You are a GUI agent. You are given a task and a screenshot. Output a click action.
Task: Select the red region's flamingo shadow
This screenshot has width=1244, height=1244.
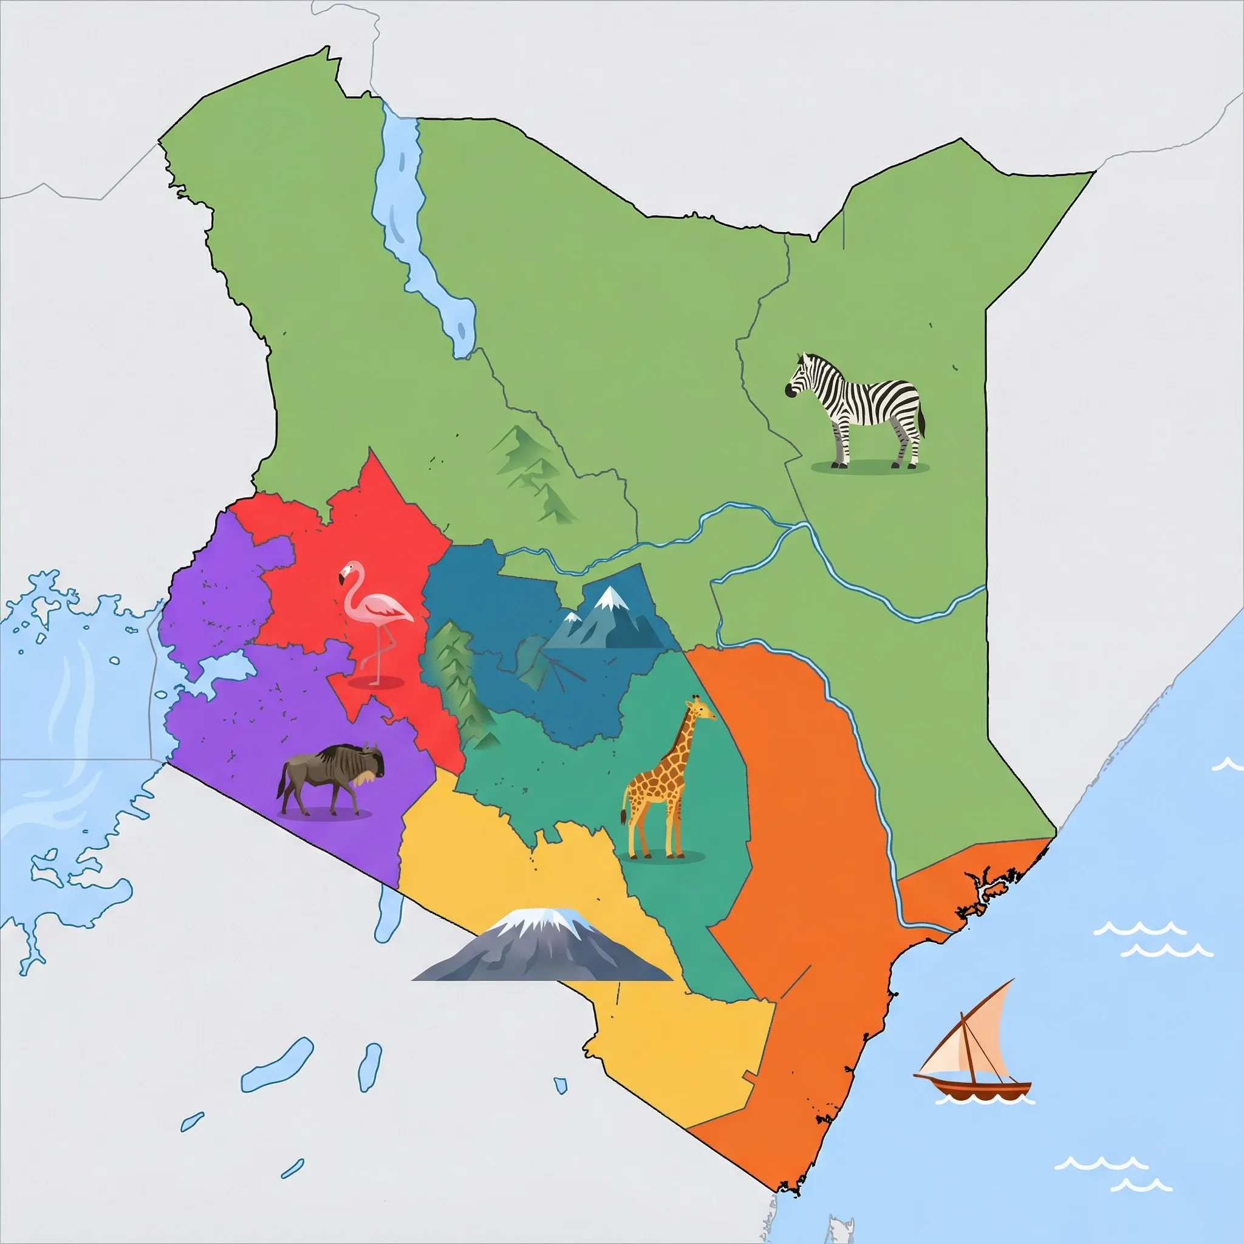click(x=375, y=683)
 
